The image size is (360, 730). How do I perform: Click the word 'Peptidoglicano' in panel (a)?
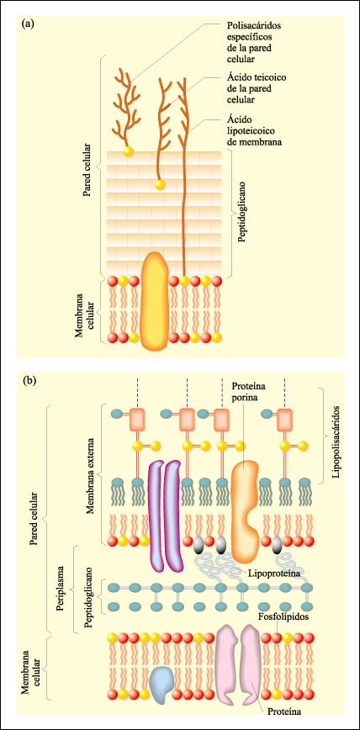click(x=241, y=214)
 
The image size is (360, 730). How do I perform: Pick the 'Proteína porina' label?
click(x=247, y=392)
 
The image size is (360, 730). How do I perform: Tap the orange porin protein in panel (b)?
click(x=244, y=510)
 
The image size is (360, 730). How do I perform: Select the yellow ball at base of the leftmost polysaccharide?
click(x=127, y=151)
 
